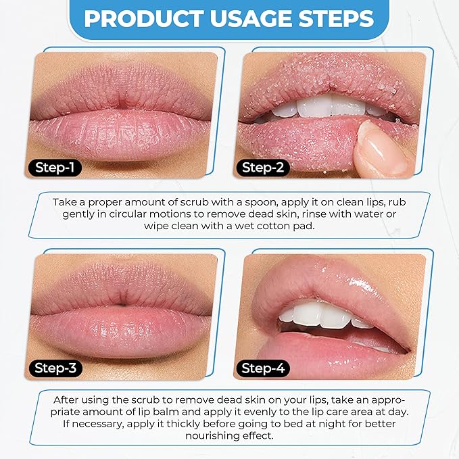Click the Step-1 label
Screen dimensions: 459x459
click(x=55, y=167)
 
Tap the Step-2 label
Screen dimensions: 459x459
click(x=263, y=167)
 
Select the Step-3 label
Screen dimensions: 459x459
click(x=55, y=368)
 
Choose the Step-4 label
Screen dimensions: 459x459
click(x=263, y=368)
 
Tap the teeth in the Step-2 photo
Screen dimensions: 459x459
click(x=318, y=107)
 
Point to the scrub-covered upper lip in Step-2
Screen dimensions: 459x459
click(x=324, y=78)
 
